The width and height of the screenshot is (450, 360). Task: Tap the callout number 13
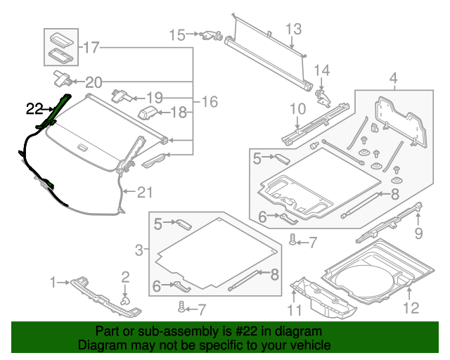pos(292,29)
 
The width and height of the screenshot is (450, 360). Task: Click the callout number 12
pos(393,77)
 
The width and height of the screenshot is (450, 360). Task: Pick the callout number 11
pos(296,310)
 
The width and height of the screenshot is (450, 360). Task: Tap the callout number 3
pos(139,248)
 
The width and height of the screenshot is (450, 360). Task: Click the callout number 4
pos(297,108)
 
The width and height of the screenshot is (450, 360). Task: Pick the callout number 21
pos(143,191)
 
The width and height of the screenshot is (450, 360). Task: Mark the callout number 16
pos(210,102)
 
